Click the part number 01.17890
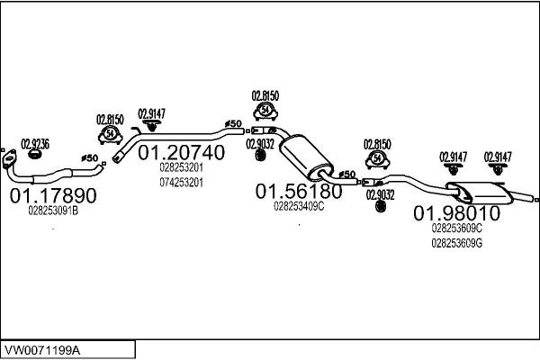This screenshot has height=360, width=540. pos(52,194)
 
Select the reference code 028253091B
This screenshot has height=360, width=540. pos(53,211)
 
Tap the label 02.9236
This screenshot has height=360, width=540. pos(35,143)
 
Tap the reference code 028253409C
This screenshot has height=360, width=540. pos(298,206)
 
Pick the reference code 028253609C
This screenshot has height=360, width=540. pos(456,229)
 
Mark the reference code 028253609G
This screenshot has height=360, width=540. pos(456,243)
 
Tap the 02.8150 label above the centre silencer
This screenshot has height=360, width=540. pos(265,94)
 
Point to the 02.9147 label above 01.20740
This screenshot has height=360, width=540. pos(151,113)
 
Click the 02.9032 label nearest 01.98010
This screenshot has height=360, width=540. pos(380,193)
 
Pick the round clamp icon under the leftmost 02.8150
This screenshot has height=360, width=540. pos(110,135)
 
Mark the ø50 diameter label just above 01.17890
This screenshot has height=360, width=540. pos(89,158)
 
